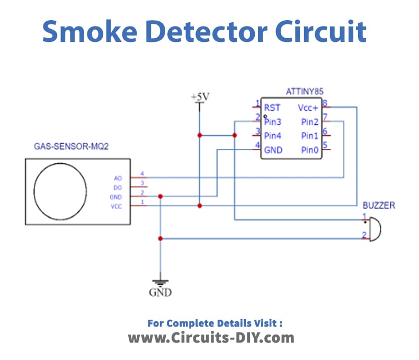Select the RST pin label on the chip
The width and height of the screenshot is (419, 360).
[272, 107]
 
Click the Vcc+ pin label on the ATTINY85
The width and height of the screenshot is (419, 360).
[308, 107]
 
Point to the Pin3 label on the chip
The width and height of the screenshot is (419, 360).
[273, 121]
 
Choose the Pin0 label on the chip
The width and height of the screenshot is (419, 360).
[310, 150]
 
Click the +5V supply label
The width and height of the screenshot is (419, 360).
[200, 97]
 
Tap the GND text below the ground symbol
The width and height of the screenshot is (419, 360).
[160, 293]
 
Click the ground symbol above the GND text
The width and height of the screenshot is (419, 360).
[160, 280]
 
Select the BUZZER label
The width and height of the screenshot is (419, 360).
[379, 205]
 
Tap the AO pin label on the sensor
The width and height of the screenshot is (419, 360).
[118, 178]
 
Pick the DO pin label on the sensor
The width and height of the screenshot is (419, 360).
[118, 187]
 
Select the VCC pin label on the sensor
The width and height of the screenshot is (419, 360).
[117, 206]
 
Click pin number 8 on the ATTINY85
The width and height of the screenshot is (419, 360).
[325, 103]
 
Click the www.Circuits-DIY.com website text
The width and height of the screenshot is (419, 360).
[211, 337]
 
